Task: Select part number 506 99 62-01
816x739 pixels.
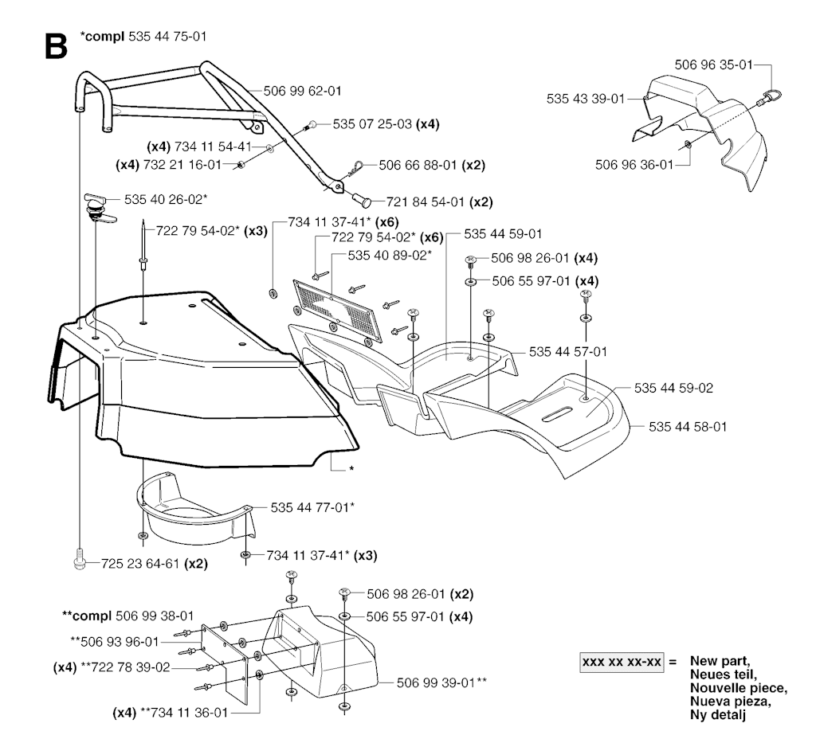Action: tap(302, 91)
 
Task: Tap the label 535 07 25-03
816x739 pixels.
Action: tap(372, 124)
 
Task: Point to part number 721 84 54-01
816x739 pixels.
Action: tap(426, 201)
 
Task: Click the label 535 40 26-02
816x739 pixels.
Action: tap(163, 199)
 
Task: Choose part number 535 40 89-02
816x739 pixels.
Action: tap(387, 256)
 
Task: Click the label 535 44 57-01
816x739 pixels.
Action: tap(568, 352)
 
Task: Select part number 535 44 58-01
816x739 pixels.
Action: tap(688, 427)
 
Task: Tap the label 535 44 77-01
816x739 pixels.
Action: tap(310, 507)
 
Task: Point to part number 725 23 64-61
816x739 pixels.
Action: tap(140, 563)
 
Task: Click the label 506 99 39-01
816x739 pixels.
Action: tap(436, 682)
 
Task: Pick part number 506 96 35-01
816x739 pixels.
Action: tap(713, 65)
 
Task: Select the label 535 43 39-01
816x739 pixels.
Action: tap(586, 99)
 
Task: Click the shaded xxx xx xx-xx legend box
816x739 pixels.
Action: tap(622, 662)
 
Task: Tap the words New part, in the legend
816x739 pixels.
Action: tap(720, 661)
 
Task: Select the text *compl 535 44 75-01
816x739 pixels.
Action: tap(143, 37)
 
